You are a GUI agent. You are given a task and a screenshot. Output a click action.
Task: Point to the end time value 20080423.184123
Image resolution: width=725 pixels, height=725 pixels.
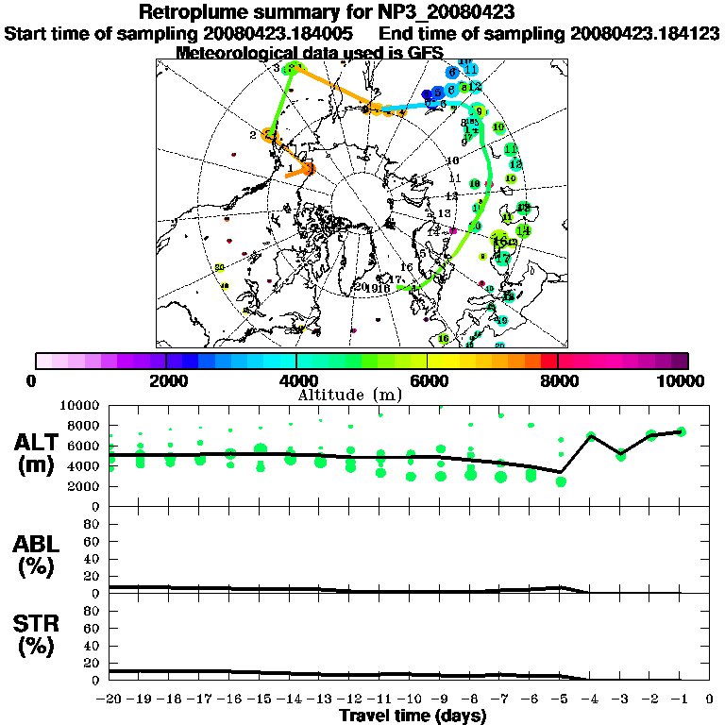point(644,34)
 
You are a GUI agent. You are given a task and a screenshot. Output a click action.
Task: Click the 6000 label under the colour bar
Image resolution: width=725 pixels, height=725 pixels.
point(427,380)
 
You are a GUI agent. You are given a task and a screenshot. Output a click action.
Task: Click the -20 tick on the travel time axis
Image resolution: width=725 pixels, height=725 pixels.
point(110,699)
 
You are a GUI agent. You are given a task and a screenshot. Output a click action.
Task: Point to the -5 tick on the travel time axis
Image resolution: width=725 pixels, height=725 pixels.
point(560,699)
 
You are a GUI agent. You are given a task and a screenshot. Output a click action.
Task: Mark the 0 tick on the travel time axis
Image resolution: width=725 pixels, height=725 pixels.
point(710,699)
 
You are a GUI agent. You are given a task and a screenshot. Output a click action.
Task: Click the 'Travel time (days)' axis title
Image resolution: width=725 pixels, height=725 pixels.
point(413,717)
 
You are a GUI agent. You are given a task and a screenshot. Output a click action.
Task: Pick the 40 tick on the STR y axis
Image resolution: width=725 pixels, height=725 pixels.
point(93,646)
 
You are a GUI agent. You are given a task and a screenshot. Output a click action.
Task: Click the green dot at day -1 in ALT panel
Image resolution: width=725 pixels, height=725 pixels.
point(681,431)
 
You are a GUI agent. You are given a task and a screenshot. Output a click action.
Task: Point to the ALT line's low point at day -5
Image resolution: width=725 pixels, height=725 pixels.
point(561,472)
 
